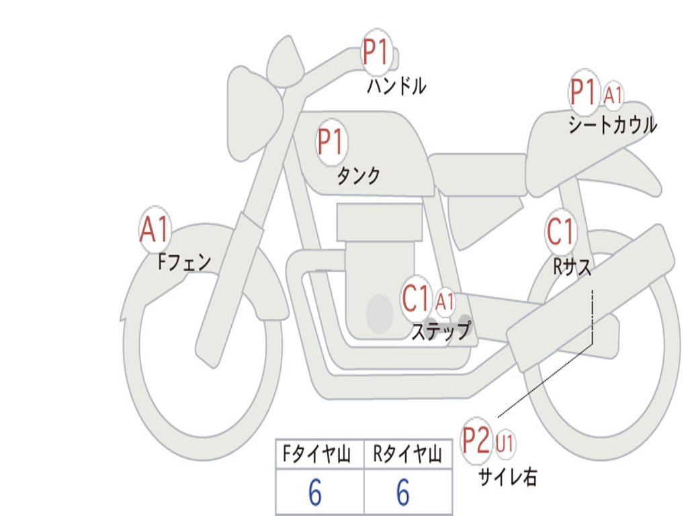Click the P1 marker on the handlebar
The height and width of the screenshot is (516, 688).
click(376, 52)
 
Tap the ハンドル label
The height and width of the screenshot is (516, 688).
click(396, 86)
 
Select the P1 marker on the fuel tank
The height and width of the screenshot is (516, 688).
click(331, 142)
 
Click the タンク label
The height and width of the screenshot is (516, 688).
click(358, 176)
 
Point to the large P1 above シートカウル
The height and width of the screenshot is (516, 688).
click(583, 93)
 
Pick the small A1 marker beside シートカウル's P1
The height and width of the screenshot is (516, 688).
click(613, 95)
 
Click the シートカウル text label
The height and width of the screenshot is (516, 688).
click(612, 125)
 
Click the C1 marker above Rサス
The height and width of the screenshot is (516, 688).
click(560, 231)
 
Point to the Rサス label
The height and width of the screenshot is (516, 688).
click(572, 267)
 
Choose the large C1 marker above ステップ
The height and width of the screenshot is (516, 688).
click(415, 298)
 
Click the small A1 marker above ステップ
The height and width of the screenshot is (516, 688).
click(445, 301)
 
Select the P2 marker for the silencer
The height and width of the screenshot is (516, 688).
click(477, 441)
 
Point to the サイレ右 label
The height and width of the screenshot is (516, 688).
click(507, 476)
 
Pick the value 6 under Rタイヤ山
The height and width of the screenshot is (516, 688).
click(403, 493)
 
